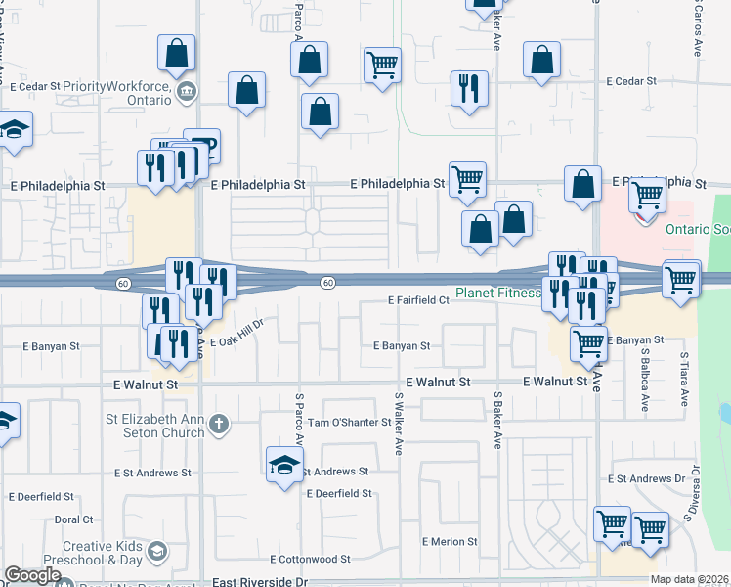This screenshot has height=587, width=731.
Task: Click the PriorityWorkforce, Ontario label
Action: coord(121,85)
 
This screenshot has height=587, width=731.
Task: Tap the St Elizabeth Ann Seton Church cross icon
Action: coord(220,424)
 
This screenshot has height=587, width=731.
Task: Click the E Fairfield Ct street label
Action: coord(417,300)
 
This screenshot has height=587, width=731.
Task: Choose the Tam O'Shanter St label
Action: coord(349,424)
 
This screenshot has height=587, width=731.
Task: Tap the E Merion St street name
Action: coord(450,541)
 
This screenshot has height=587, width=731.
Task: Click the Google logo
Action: coord(32,574)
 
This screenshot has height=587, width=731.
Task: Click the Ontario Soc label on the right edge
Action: coord(698,230)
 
